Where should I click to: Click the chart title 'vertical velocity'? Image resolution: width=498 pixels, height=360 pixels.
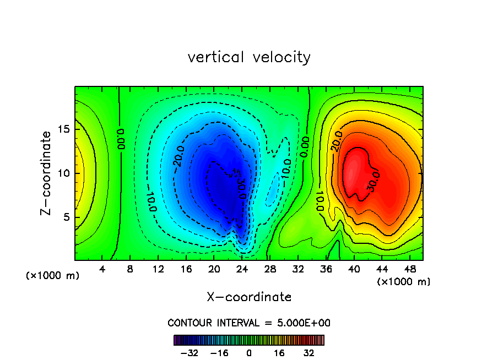pyautogui.click(x=249, y=57)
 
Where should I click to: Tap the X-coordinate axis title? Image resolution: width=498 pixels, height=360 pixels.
pyautogui.click(x=249, y=297)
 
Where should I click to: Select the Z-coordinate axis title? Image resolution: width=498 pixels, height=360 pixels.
pyautogui.click(x=46, y=173)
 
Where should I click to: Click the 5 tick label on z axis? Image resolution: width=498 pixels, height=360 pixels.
pyautogui.click(x=67, y=217)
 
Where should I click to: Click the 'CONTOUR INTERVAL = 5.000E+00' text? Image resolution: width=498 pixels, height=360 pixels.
pyautogui.click(x=249, y=323)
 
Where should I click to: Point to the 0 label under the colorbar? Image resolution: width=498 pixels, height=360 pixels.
pyautogui.click(x=249, y=353)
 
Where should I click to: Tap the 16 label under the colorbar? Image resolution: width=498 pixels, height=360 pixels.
pyautogui.click(x=279, y=353)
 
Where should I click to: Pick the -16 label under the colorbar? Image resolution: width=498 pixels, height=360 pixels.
pyautogui.click(x=219, y=353)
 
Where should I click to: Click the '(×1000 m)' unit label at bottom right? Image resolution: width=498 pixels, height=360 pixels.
pyautogui.click(x=404, y=281)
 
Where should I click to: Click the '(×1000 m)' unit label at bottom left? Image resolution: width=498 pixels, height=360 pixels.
pyautogui.click(x=52, y=275)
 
